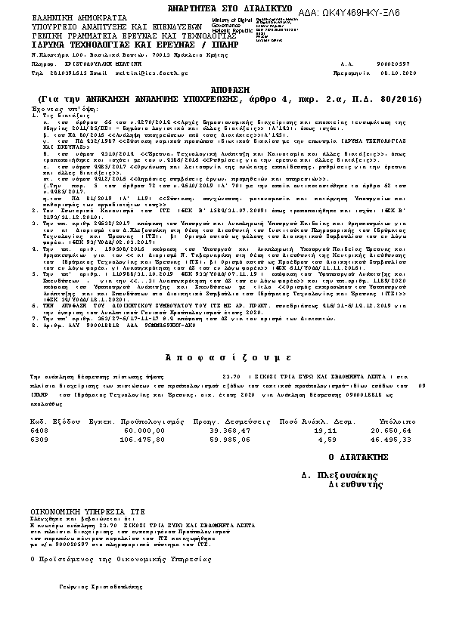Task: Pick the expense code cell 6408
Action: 39,429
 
